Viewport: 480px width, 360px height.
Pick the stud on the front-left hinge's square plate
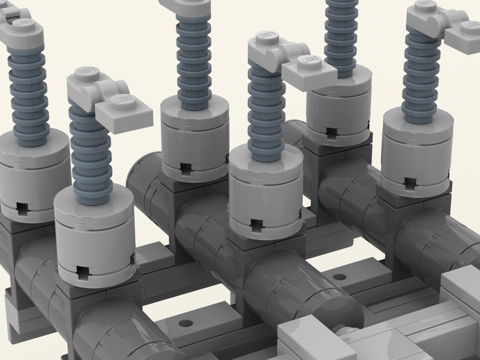pos(121,101)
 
